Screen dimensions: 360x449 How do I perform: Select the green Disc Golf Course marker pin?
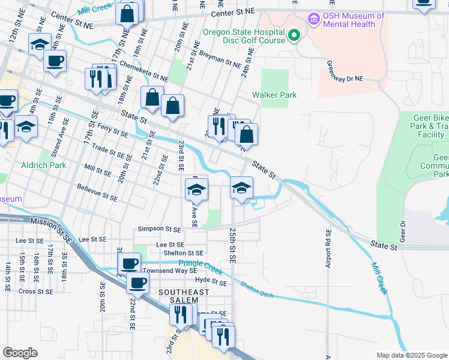[294, 37]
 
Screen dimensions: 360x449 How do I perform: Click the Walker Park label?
[274, 95]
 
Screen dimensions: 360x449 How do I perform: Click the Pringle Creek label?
[200, 264]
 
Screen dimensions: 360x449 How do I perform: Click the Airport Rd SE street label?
[328, 248]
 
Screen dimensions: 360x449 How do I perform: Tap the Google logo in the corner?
[20, 353]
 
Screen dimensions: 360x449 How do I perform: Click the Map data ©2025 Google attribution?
[412, 355]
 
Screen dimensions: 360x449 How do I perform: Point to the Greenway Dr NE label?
[345, 71]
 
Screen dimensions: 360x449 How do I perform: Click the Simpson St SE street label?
[159, 229]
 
